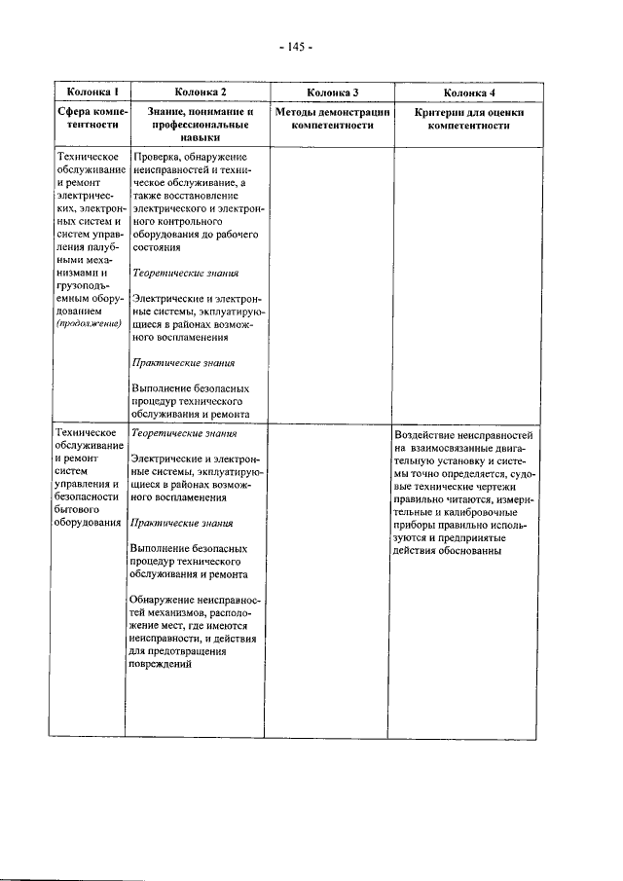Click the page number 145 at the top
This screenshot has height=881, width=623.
click(x=294, y=46)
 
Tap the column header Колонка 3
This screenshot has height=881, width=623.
click(x=332, y=92)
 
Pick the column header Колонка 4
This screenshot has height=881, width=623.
click(x=469, y=92)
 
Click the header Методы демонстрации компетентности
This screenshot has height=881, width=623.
click(x=332, y=119)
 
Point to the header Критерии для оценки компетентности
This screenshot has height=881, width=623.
click(x=469, y=119)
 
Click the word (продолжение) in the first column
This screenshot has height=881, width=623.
click(x=88, y=322)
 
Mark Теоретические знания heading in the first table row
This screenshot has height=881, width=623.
click(x=184, y=273)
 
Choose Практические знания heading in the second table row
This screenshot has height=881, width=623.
click(x=182, y=522)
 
